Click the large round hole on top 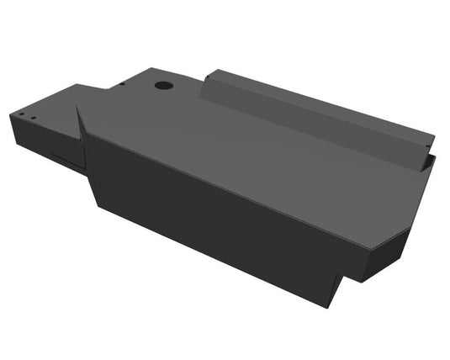163,85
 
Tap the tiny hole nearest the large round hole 122,84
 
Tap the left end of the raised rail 208,80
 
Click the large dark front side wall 210,210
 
